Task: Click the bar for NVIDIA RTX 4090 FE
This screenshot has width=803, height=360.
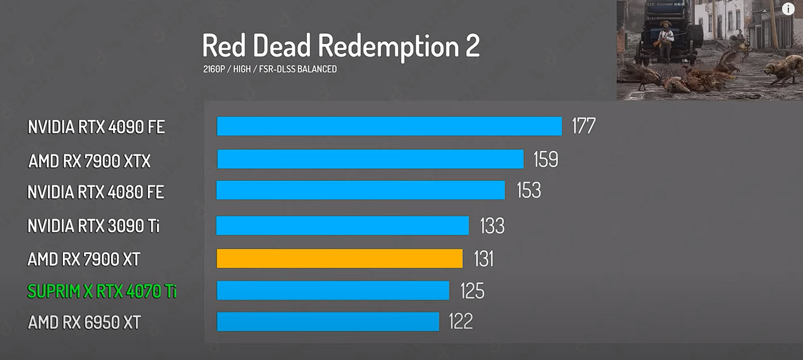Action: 389,126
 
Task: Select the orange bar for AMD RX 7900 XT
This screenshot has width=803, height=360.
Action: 339,258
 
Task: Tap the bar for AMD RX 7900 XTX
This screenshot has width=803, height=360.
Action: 370,159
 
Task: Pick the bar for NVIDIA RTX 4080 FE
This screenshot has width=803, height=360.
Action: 360,190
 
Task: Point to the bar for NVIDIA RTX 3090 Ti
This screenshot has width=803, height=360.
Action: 342,225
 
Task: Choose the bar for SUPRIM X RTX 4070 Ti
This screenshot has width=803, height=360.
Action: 333,290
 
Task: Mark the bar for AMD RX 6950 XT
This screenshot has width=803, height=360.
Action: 328,321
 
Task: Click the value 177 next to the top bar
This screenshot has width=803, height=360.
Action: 583,126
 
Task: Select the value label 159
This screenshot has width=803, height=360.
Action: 545,159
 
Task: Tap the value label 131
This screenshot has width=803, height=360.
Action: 483,258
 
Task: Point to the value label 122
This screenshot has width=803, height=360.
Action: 461,321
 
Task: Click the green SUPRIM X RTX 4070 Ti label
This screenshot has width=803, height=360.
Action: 102,291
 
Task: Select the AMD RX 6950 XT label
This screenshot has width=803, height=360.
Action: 84,323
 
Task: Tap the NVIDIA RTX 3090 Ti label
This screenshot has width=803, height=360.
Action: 93,225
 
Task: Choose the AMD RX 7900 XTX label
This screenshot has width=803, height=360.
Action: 90,161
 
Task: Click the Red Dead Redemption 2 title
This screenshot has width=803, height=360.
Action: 341,46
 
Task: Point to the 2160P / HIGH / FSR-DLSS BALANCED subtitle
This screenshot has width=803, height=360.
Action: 270,69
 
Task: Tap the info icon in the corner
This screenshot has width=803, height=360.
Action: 788,9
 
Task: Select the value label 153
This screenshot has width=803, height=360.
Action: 529,190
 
